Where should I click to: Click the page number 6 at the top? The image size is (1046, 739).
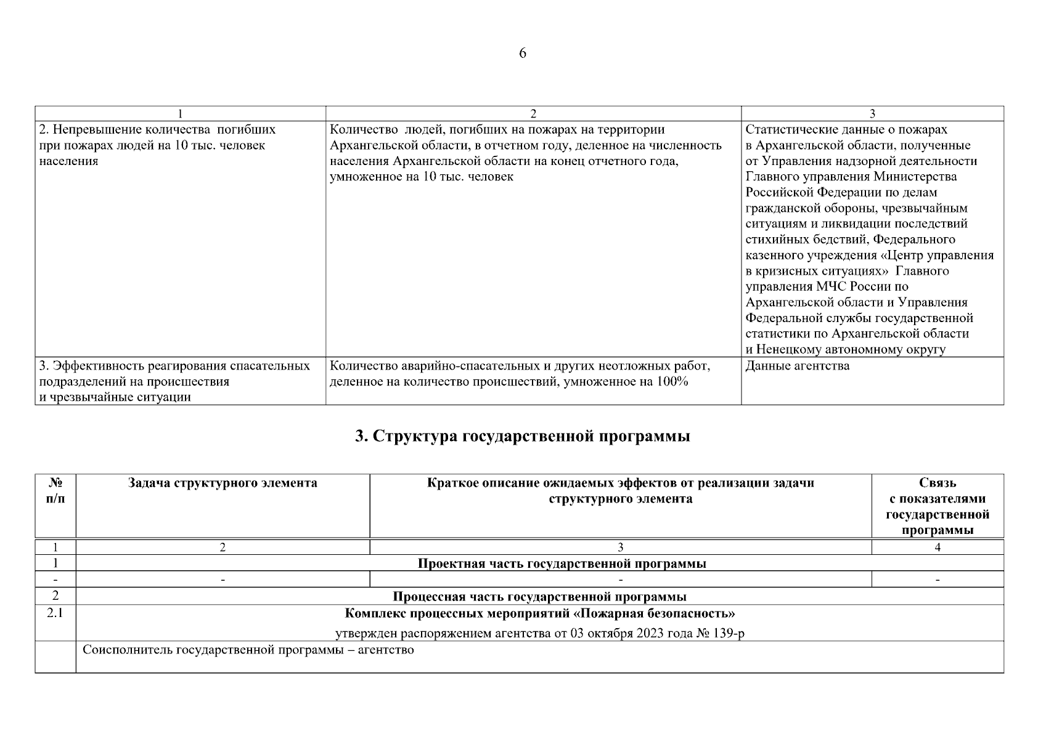click(x=523, y=54)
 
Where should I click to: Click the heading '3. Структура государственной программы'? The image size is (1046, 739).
click(x=523, y=437)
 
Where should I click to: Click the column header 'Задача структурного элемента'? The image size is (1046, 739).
click(x=223, y=483)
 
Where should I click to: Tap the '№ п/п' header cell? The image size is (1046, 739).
click(x=55, y=491)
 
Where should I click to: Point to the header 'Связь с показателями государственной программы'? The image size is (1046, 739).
click(x=937, y=506)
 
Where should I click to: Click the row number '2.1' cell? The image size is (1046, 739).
click(x=55, y=614)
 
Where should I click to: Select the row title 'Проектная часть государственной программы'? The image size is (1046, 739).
click(x=562, y=563)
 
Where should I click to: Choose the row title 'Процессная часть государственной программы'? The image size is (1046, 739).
click(x=539, y=597)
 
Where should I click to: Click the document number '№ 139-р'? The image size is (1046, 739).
click(x=720, y=634)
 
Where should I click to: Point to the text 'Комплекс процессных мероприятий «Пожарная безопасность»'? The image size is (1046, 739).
click(x=539, y=614)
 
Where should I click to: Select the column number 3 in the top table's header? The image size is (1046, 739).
click(x=872, y=113)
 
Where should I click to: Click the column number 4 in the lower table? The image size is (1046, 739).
click(x=937, y=547)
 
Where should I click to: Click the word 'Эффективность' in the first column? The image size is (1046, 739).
click(x=92, y=366)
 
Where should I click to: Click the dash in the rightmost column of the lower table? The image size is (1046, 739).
click(x=937, y=580)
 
